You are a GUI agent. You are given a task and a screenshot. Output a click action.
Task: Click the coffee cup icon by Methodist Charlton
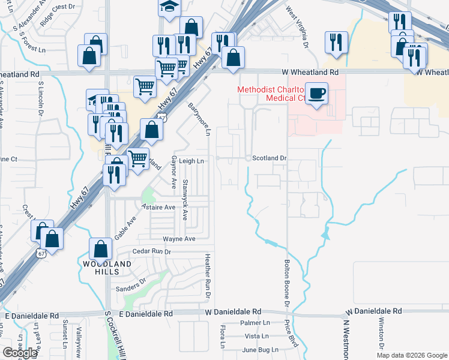coord(316,94)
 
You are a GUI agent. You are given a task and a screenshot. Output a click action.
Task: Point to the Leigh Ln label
coord(192,161)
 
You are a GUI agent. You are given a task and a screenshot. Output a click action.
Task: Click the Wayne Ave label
coord(183,239)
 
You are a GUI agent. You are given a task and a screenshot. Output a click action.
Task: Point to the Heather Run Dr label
coord(207,276)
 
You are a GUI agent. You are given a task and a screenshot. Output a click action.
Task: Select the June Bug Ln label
coord(261,349)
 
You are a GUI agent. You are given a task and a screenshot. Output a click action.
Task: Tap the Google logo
coord(20,353)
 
